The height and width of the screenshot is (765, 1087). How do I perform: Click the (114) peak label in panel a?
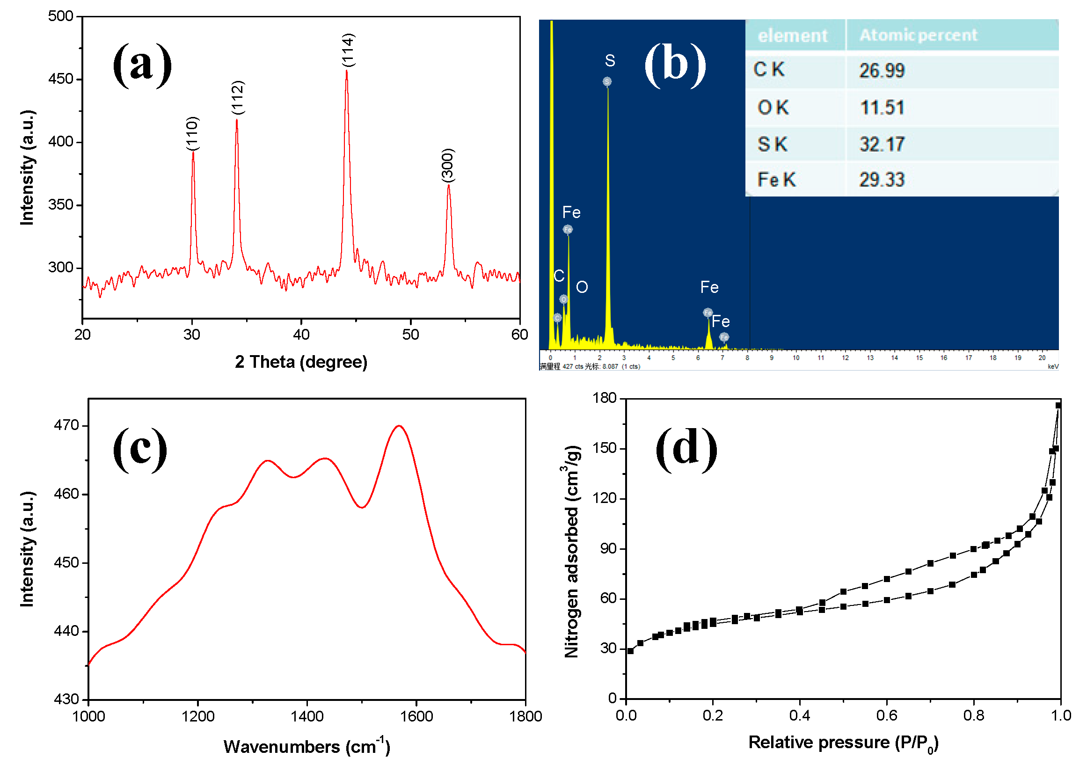pyautogui.click(x=348, y=50)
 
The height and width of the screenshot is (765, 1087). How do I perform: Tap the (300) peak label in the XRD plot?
pyautogui.click(x=448, y=165)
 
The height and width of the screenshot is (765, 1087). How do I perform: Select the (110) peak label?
pyautogui.click(x=192, y=133)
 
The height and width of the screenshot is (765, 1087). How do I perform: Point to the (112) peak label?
pyautogui.click(x=238, y=97)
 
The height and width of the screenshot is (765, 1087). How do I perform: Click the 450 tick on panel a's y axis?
pyautogui.click(x=61, y=79)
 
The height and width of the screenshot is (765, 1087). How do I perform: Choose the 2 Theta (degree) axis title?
pyautogui.click(x=301, y=362)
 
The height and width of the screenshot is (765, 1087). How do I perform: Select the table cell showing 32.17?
pyautogui.click(x=882, y=144)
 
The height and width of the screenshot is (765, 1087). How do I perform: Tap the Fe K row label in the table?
pyautogui.click(x=776, y=180)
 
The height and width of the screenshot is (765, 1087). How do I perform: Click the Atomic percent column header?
pyautogui.click(x=919, y=35)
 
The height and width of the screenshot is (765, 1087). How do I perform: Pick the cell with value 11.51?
pyautogui.click(x=882, y=108)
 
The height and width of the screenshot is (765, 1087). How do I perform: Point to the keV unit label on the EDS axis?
pyautogui.click(x=1053, y=366)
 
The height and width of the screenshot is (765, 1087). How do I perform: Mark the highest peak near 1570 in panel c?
pyautogui.click(x=399, y=426)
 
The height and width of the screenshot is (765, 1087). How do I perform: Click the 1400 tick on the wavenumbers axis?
pyautogui.click(x=307, y=716)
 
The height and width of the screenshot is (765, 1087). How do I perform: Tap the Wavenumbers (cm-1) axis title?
pyautogui.click(x=307, y=747)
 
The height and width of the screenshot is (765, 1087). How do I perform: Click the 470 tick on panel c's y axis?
pyautogui.click(x=66, y=426)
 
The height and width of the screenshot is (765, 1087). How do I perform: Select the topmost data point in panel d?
pyautogui.click(x=1058, y=406)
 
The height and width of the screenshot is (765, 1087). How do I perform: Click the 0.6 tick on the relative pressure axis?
pyautogui.click(x=887, y=715)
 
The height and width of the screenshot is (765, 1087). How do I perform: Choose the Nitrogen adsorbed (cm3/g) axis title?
pyautogui.click(x=572, y=552)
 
